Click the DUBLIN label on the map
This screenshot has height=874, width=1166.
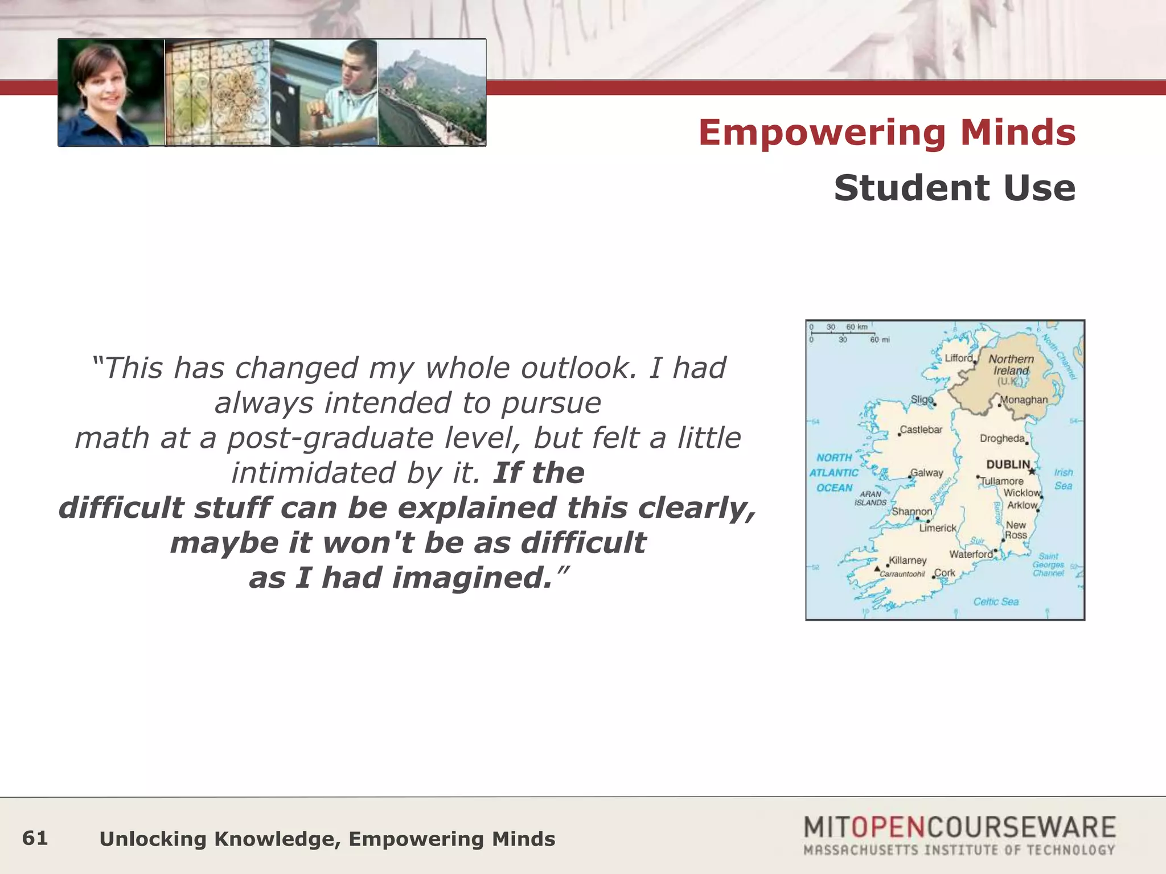click(1008, 464)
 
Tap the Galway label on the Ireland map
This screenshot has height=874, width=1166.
click(927, 472)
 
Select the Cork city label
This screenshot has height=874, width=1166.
click(945, 572)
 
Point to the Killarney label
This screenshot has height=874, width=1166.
click(908, 560)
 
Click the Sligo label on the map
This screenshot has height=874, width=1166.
click(922, 399)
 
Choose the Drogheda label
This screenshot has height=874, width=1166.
click(1002, 438)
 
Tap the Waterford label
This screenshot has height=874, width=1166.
click(971, 554)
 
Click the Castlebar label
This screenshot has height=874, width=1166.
click(921, 430)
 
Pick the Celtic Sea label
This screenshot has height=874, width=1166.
click(996, 601)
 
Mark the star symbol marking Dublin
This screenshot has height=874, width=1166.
click(1032, 471)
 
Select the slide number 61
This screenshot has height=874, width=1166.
click(35, 838)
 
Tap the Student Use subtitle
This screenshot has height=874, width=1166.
click(955, 188)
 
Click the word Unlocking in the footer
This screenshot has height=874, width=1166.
click(153, 839)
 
